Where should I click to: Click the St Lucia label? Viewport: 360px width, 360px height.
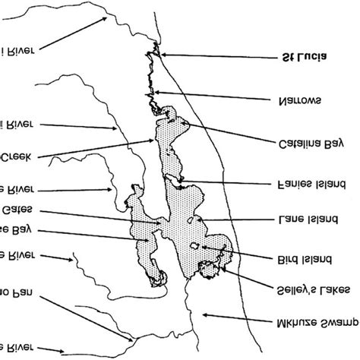pyautogui.click(x=308, y=58)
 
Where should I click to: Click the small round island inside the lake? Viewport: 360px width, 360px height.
pyautogui.click(x=194, y=245)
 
